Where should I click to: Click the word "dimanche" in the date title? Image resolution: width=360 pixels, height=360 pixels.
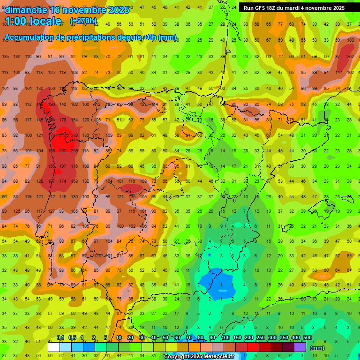[x=26, y=9]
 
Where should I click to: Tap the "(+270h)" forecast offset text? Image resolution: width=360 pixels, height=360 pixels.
[x=83, y=21]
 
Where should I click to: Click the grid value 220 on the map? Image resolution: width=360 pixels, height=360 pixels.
[x=74, y=135]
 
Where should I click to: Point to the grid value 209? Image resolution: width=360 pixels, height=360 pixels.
[x=74, y=151]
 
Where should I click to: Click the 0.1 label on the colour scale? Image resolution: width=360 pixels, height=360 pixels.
[x=60, y=338]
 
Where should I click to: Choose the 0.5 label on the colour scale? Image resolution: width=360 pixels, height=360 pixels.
[x=72, y=338]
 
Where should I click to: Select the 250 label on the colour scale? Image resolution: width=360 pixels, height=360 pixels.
[x=260, y=338]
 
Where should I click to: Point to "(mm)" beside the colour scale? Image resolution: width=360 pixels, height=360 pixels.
[x=317, y=348]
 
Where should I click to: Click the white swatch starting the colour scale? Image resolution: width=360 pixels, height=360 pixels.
[x=54, y=347]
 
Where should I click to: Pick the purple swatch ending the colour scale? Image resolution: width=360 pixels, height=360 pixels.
[x=300, y=347]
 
